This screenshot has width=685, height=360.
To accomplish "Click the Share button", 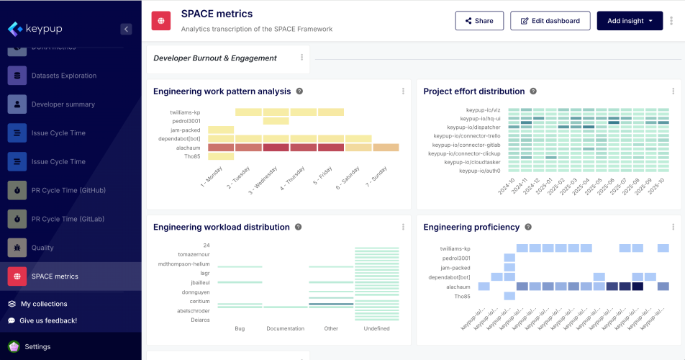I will coord(479,21).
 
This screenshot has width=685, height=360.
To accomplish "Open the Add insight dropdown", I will coord(630,21).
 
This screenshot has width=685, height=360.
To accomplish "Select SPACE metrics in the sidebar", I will coord(55,276).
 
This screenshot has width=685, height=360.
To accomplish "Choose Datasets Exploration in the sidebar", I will coord(63,76).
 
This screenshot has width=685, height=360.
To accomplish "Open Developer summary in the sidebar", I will coord(63,104).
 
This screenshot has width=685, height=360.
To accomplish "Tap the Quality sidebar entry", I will coord(42,248).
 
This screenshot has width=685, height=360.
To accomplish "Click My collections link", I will coord(44,304).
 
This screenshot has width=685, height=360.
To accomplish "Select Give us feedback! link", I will coord(48,320).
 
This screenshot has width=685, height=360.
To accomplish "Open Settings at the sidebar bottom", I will coord(37,346).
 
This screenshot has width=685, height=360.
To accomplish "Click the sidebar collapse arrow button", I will coord(126,30).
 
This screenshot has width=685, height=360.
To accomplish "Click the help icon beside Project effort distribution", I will coord(533,91).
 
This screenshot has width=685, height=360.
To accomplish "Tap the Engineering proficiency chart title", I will coord(471,227).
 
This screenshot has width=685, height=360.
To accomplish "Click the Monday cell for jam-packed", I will coord(221,130).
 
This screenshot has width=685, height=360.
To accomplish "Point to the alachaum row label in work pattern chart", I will coord(191,148).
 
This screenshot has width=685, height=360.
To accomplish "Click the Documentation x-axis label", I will coord(285,328).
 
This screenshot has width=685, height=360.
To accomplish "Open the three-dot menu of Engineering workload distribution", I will coord(403,227).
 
